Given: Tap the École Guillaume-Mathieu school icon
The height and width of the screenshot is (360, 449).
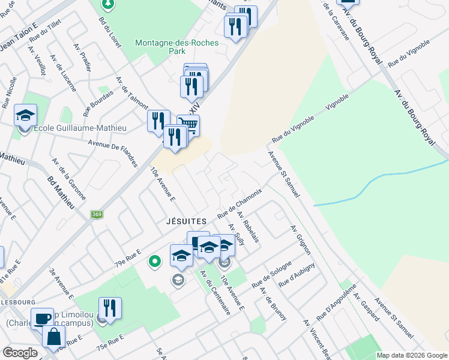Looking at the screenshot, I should (x=26, y=115).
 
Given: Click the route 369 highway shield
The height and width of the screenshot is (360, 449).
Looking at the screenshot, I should (x=97, y=214).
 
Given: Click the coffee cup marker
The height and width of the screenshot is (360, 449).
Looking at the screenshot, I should (x=42, y=318).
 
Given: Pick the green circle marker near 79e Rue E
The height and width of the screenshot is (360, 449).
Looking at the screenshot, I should (x=155, y=261).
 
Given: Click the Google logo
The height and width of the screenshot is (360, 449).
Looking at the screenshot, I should (x=20, y=353).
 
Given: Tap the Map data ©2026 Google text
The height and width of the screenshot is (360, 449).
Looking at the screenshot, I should (x=412, y=355).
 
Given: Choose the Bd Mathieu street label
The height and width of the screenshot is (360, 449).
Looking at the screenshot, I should (x=60, y=193).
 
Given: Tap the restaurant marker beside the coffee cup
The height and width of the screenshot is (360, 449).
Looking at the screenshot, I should (x=110, y=308).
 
